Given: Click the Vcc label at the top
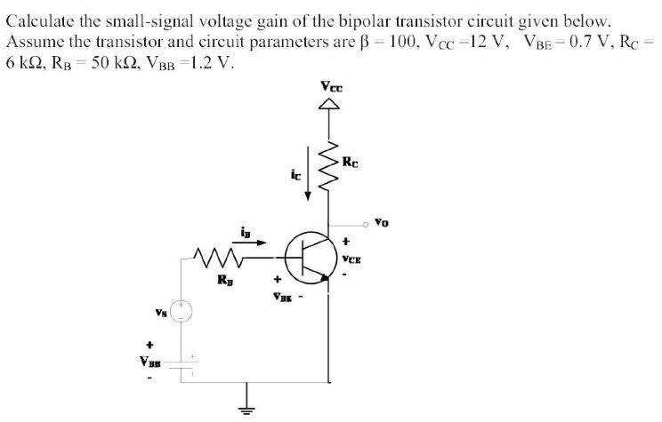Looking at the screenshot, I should pos(330,87).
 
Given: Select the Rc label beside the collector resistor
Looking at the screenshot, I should pos(352,163).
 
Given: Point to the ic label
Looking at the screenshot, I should pos(295,173).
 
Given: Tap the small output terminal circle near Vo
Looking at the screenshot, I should pos(365,223).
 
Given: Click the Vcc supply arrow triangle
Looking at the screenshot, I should pos(330,106).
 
